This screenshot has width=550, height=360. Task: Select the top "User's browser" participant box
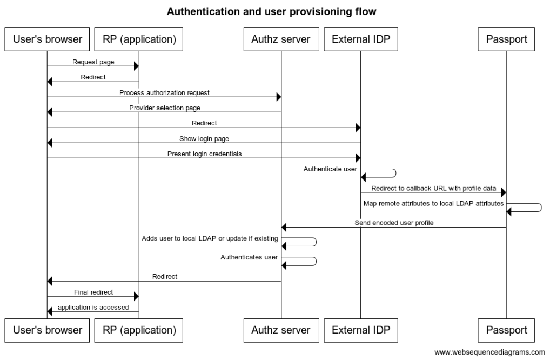(47, 39)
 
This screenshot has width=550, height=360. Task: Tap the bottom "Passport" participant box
(506, 329)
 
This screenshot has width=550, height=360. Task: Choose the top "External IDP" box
(360, 39)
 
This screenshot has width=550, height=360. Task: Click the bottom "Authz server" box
(281, 329)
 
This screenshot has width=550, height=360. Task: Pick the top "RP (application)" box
(139, 39)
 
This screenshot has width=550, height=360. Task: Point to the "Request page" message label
(93, 62)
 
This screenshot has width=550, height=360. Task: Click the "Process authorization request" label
(164, 92)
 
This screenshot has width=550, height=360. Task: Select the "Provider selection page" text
(164, 108)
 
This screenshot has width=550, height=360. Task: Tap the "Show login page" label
(204, 138)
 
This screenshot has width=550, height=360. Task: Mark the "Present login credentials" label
(204, 154)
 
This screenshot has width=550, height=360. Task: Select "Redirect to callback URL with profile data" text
(434, 188)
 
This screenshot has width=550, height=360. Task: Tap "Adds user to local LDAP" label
(210, 238)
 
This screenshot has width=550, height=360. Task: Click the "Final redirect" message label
(93, 292)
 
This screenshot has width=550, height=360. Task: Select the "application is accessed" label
(93, 307)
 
